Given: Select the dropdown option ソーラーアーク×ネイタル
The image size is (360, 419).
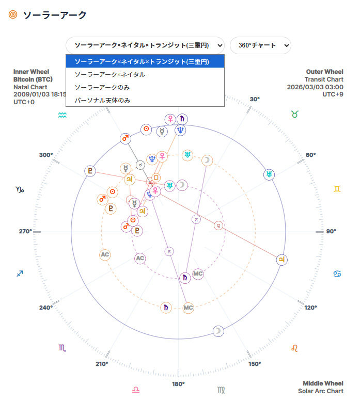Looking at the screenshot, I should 109,74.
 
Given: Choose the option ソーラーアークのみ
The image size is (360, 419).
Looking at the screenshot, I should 102,87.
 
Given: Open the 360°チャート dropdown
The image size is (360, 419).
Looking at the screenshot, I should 260,45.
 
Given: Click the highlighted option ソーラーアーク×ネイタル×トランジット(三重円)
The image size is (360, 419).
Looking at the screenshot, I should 142,61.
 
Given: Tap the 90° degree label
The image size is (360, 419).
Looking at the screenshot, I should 331,231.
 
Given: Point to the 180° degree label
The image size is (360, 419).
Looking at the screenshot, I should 178,384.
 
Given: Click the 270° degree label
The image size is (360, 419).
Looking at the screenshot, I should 25,231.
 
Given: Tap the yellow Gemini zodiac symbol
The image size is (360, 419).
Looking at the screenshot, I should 337,189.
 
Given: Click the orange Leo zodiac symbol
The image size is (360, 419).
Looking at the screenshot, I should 294,348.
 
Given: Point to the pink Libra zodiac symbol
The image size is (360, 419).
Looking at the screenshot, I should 136,390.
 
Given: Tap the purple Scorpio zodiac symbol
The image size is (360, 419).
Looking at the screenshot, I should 62,348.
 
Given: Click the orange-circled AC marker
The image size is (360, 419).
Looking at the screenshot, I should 105,254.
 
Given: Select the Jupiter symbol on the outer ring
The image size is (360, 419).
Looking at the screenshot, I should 281,260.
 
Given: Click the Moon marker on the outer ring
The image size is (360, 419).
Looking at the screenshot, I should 219,331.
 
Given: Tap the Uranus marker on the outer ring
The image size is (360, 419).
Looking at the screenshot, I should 269,174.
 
